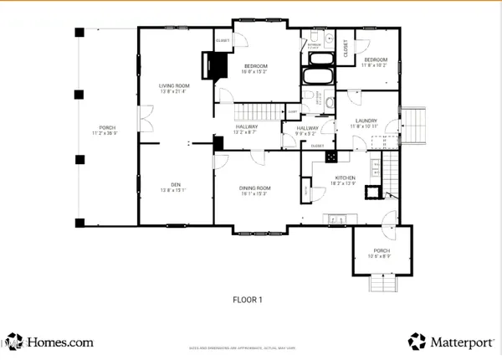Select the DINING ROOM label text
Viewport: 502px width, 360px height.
coord(256,190)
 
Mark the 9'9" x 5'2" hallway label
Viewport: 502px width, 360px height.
coord(308,130)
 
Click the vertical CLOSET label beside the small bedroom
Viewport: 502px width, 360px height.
coord(346,49)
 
